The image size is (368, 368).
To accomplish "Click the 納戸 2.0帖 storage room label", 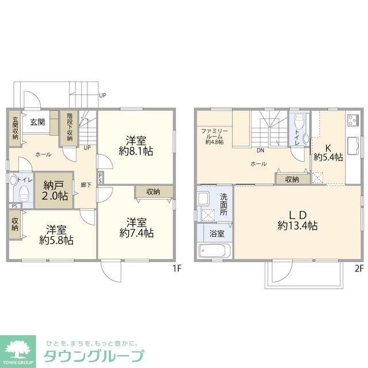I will tap(55, 191).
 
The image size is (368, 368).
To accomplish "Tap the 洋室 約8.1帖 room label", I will tap(136, 145).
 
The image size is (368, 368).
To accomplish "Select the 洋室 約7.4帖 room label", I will tap(136, 227).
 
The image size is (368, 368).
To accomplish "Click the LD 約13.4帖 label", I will tap(297, 220).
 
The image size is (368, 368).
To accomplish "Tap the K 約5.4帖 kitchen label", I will tap(328, 151).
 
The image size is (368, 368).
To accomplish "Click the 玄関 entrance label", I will tap(38, 121).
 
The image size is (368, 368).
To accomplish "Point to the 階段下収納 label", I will tap(70, 127).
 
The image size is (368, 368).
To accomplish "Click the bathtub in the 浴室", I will tap(214, 251).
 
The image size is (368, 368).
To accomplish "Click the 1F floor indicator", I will tap(177, 268).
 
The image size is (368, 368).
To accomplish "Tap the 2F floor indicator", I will tap(359, 268).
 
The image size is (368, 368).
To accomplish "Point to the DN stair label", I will tap(260, 151).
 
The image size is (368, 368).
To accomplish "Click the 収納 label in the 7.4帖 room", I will tap(152, 191).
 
